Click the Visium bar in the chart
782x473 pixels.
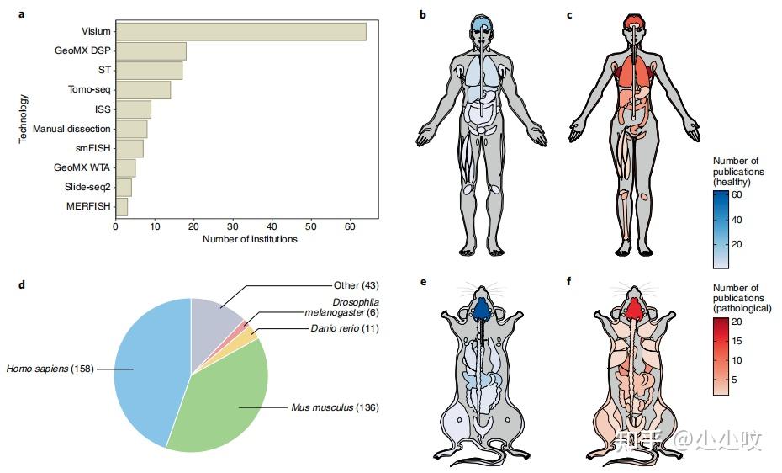[x=240, y=32]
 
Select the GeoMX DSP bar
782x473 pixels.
[x=151, y=51]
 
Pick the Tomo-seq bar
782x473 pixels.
[x=143, y=90]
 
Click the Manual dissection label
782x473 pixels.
[x=71, y=129]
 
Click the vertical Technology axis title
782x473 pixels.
[x=24, y=119]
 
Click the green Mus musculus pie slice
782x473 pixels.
[x=223, y=396]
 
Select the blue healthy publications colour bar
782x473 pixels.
[x=721, y=230]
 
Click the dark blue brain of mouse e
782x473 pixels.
[x=480, y=310]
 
